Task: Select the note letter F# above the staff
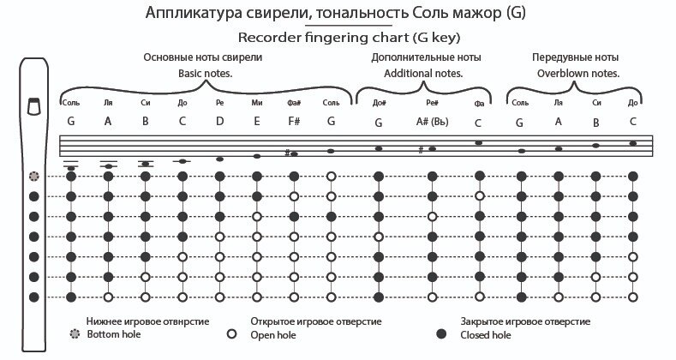(x=293, y=121)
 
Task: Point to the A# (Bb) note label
(x=431, y=122)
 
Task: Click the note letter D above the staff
(x=219, y=121)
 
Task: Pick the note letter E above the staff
(x=257, y=121)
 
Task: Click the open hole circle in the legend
(x=230, y=333)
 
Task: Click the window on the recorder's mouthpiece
(x=34, y=105)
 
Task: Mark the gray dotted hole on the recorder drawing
(x=34, y=177)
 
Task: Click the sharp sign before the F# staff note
(x=286, y=153)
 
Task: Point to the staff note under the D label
(x=219, y=159)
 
